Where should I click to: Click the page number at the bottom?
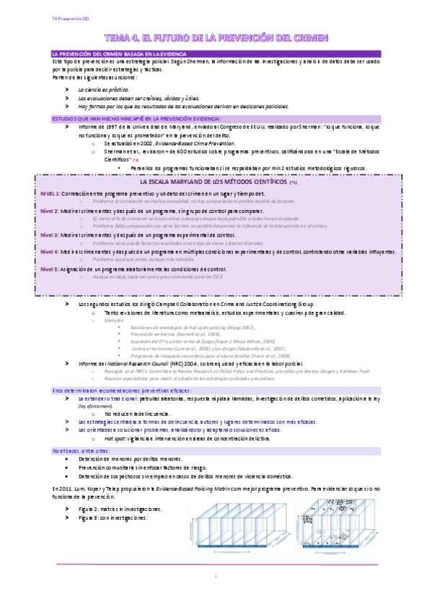tap(216, 575)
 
